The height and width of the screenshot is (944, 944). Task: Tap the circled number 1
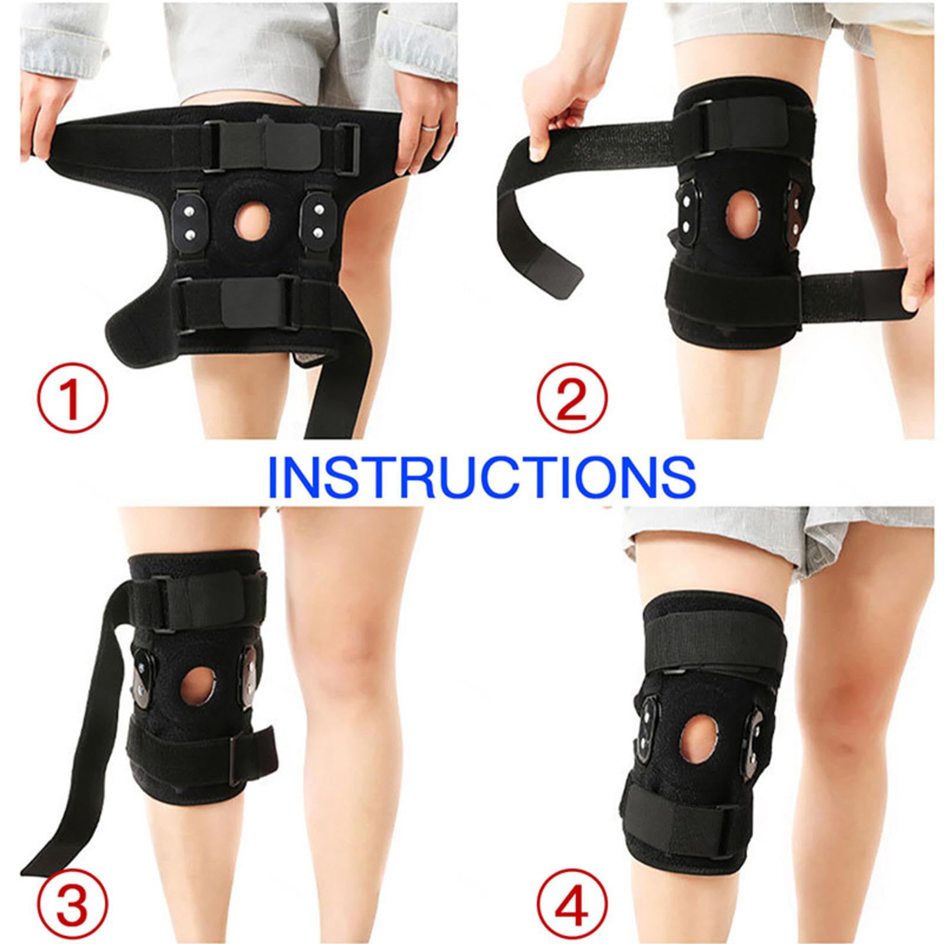pos(73,399)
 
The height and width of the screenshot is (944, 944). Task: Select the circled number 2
pos(572,399)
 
